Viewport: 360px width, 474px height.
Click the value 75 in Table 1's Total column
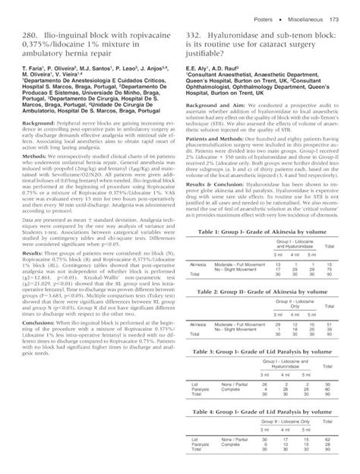(330, 268)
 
